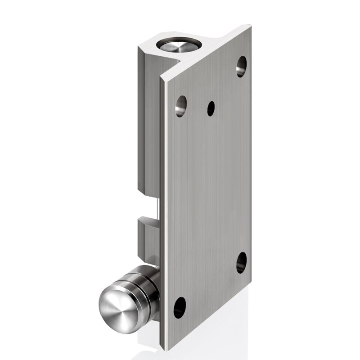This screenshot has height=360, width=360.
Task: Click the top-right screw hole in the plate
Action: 241,66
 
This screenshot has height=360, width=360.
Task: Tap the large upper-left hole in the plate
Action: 180,106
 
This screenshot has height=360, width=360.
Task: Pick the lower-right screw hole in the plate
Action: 241,263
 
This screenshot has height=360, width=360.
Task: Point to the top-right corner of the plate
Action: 250,28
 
